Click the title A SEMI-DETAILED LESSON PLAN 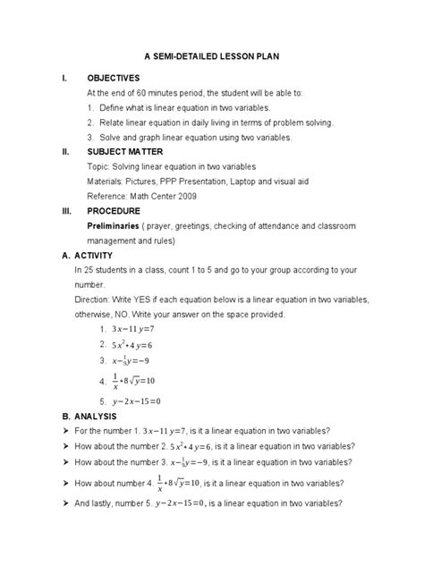pos(211,55)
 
